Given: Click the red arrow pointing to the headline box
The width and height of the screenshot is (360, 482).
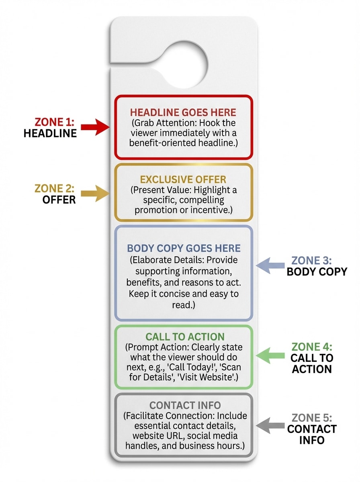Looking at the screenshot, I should (95, 127).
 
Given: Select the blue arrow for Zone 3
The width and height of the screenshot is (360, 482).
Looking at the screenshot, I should (270, 265).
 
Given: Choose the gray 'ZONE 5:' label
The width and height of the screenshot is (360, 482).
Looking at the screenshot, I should (312, 418).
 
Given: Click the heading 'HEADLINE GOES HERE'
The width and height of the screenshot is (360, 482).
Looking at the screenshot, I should (183, 112).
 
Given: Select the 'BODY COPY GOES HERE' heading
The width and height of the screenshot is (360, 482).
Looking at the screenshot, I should (184, 248).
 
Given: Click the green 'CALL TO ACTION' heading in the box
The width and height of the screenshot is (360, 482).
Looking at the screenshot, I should (185, 337).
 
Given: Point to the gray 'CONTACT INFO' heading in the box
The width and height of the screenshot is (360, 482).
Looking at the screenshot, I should (184, 406).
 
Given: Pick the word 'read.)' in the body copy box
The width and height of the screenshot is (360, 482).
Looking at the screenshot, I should (184, 305).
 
